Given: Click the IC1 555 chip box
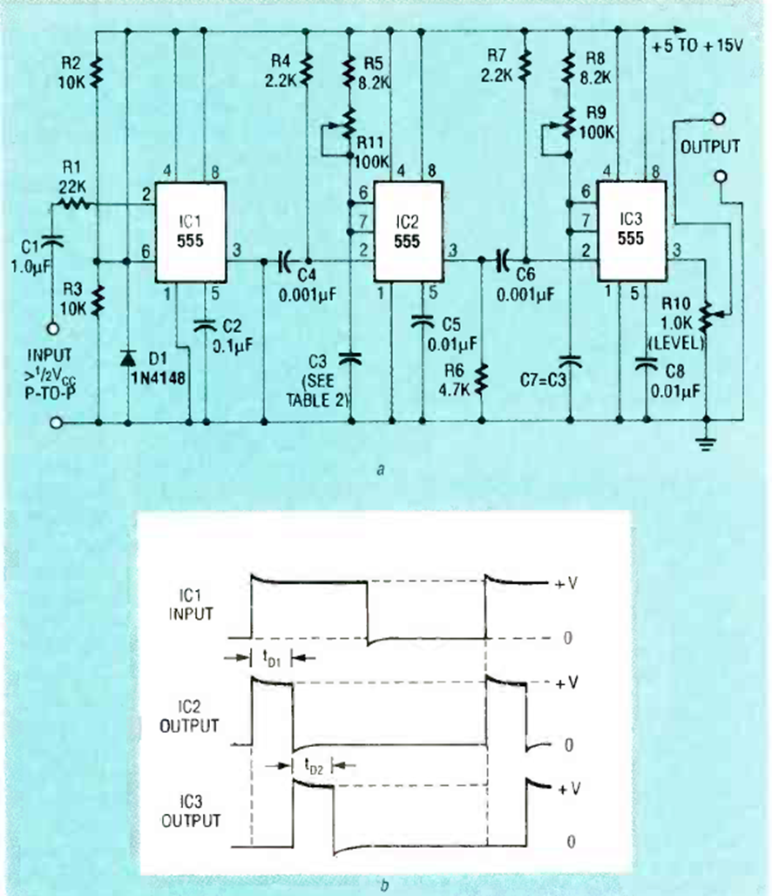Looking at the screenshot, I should [191, 232].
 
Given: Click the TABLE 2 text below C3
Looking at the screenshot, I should [319, 402].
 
